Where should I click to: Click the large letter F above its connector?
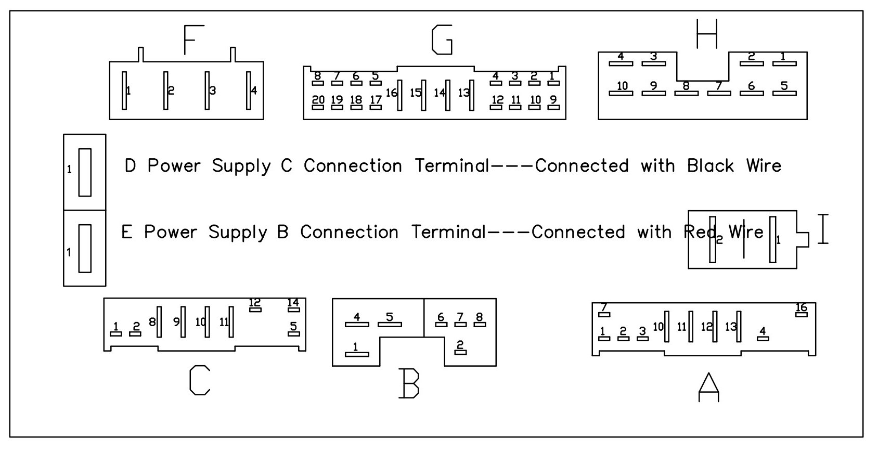click(x=193, y=40)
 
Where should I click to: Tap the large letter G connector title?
click(x=442, y=40)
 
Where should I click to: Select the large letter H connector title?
click(x=707, y=34)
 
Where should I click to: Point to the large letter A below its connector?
click(x=708, y=387)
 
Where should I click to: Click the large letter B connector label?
click(x=409, y=383)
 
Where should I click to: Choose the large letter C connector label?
click(x=200, y=380)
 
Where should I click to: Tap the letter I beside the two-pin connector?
click(x=823, y=229)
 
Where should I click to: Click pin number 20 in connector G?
click(x=318, y=100)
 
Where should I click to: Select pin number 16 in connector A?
click(x=801, y=307)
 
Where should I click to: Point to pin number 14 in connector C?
click(x=293, y=303)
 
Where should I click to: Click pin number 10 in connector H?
click(x=622, y=86)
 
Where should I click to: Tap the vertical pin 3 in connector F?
click(x=207, y=91)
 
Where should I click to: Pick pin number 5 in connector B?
click(x=389, y=317)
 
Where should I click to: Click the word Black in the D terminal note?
click(x=710, y=166)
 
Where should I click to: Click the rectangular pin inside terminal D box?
click(x=85, y=173)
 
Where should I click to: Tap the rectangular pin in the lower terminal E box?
click(x=85, y=249)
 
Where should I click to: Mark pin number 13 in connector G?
click(x=463, y=93)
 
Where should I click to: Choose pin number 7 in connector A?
click(x=604, y=307)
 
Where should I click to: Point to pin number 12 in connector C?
click(x=255, y=303)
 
